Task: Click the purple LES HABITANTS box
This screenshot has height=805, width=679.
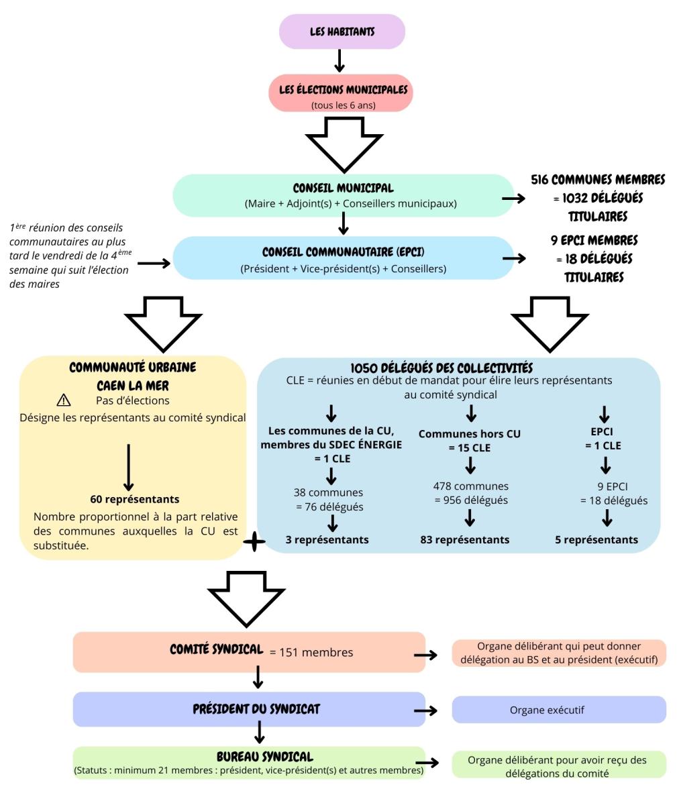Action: [342, 32]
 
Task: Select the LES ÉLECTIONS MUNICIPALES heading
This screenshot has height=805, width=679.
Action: [342, 90]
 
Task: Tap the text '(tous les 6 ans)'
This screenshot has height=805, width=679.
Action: [342, 105]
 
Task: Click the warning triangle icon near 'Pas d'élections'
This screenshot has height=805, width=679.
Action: [64, 400]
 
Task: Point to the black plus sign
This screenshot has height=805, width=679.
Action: [254, 543]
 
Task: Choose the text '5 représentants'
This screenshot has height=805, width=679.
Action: [596, 539]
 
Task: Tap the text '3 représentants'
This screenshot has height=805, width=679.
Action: [327, 539]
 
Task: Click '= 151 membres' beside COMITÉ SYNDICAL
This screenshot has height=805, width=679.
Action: [311, 652]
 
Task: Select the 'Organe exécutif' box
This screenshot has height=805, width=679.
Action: [558, 710]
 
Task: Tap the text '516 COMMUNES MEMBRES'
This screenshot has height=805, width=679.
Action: [598, 180]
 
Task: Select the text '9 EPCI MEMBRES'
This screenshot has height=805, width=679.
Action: [594, 240]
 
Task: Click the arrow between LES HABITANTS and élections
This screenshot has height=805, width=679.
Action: [339, 60]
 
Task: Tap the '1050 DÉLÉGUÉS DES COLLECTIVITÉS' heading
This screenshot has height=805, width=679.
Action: [441, 368]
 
